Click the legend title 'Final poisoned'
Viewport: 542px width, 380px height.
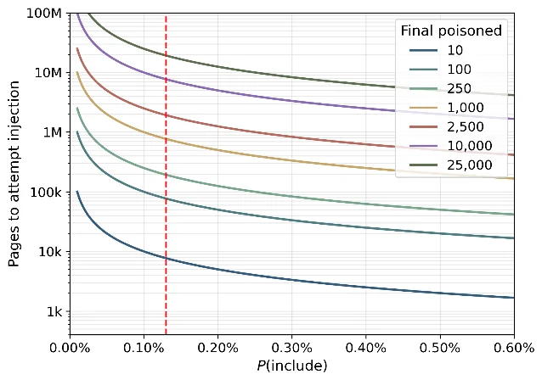(x=451, y=31)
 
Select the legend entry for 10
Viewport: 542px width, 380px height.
(x=436, y=50)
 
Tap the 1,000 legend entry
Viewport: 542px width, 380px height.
(x=447, y=108)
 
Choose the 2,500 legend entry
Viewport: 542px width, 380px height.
(x=447, y=127)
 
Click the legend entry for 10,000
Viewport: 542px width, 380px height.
(x=451, y=146)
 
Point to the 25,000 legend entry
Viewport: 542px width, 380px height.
(x=451, y=165)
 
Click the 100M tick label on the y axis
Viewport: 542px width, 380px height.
(x=44, y=14)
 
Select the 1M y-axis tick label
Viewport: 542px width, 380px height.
(x=53, y=132)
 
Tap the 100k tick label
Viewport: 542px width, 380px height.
(x=46, y=193)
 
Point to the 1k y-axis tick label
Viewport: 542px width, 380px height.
(x=54, y=311)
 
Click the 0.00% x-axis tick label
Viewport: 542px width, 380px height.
(x=70, y=348)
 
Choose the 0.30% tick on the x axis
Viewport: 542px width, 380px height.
(x=291, y=348)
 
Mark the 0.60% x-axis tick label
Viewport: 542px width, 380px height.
(x=514, y=348)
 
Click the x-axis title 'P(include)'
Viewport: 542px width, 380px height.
(x=291, y=366)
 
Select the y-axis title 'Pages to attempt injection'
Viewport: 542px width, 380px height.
(x=14, y=174)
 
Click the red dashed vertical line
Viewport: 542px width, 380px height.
(x=166, y=175)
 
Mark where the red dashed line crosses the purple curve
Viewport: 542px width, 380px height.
(x=166, y=80)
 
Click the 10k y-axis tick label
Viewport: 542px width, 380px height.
(x=50, y=252)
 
